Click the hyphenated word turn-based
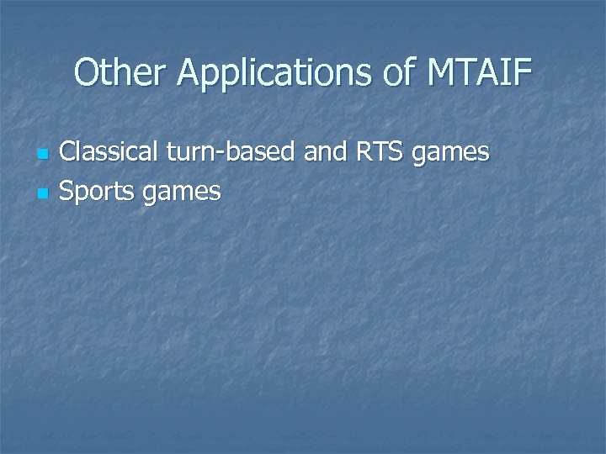(228, 153)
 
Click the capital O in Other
(86, 74)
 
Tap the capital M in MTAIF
(443, 74)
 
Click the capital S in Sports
(70, 193)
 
